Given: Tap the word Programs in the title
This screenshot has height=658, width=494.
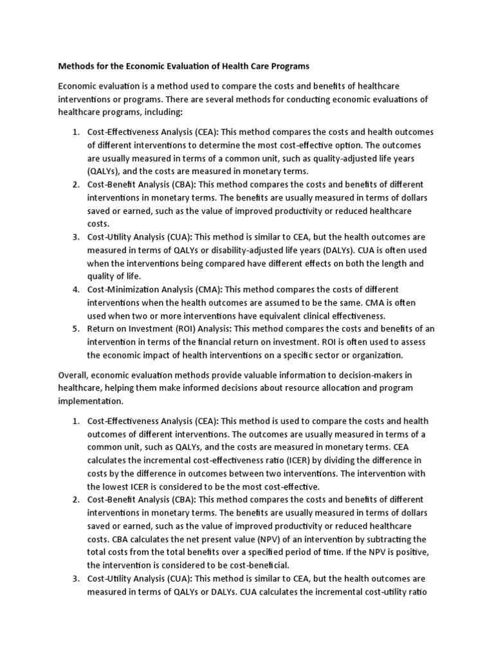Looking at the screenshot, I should click(286, 66).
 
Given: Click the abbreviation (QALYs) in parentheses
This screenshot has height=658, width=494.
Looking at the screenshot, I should click(104, 171).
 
